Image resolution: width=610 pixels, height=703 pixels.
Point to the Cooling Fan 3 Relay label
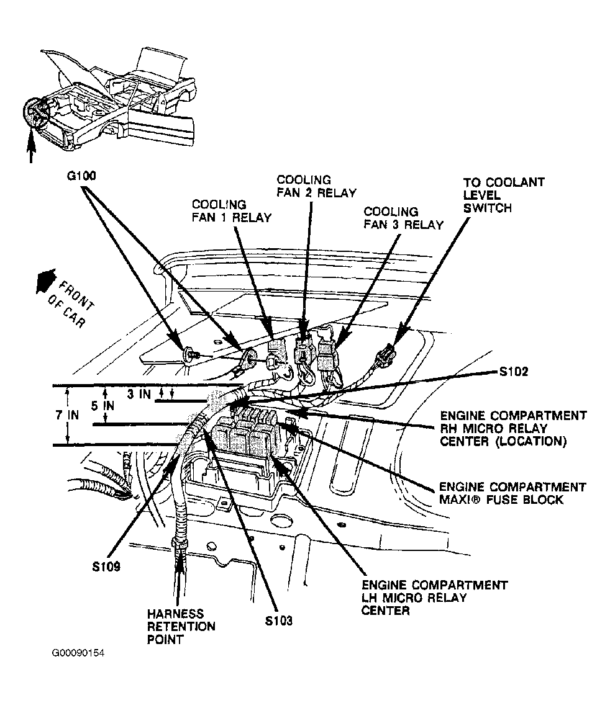(x=404, y=218)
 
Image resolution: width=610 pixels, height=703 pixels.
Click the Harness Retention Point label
(x=181, y=625)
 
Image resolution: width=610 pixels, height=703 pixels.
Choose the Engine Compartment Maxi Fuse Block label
(x=512, y=493)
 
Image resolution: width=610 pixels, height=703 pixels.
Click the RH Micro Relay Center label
(x=513, y=428)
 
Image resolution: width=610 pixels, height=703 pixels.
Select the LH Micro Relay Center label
(x=435, y=598)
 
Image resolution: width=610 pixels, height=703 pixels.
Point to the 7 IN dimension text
(x=66, y=414)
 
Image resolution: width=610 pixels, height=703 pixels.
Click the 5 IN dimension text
(x=102, y=405)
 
